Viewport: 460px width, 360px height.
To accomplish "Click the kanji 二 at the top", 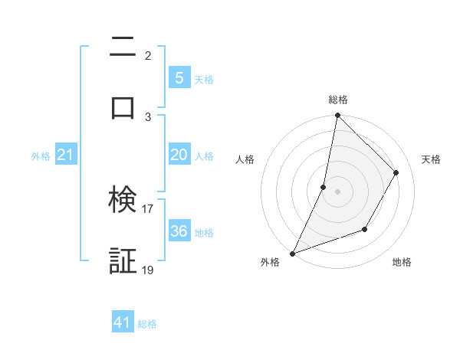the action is coord(123,47).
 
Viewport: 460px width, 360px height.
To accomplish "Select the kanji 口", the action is coord(123,106).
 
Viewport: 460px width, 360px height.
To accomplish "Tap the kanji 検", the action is coord(123,200).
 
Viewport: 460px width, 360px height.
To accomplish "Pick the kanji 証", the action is coord(123,260).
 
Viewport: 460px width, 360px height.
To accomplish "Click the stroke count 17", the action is coord(148,208).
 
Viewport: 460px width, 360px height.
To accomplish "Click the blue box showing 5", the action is coord(179,77).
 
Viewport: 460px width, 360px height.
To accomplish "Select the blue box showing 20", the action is coord(179,155).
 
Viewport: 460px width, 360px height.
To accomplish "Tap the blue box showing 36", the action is coord(179,231).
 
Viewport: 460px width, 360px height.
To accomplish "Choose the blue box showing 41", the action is coord(123,322).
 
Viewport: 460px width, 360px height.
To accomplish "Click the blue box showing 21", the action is coord(65,155).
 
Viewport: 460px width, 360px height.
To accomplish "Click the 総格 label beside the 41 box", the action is coord(147,324).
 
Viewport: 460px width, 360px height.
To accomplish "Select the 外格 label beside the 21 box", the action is coord(41,156).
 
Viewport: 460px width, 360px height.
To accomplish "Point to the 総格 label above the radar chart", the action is coord(338,100).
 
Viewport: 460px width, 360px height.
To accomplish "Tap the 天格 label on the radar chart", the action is coord(432,159).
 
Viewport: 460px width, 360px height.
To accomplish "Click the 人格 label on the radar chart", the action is coord(245,159).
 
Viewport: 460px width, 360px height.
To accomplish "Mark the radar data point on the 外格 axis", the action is coord(293,253).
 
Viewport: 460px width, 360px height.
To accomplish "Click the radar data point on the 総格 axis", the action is coord(337,116).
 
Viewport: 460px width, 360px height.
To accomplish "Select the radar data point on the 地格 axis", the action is coord(365,229).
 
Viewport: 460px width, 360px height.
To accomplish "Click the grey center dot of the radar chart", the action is coord(337,191).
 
